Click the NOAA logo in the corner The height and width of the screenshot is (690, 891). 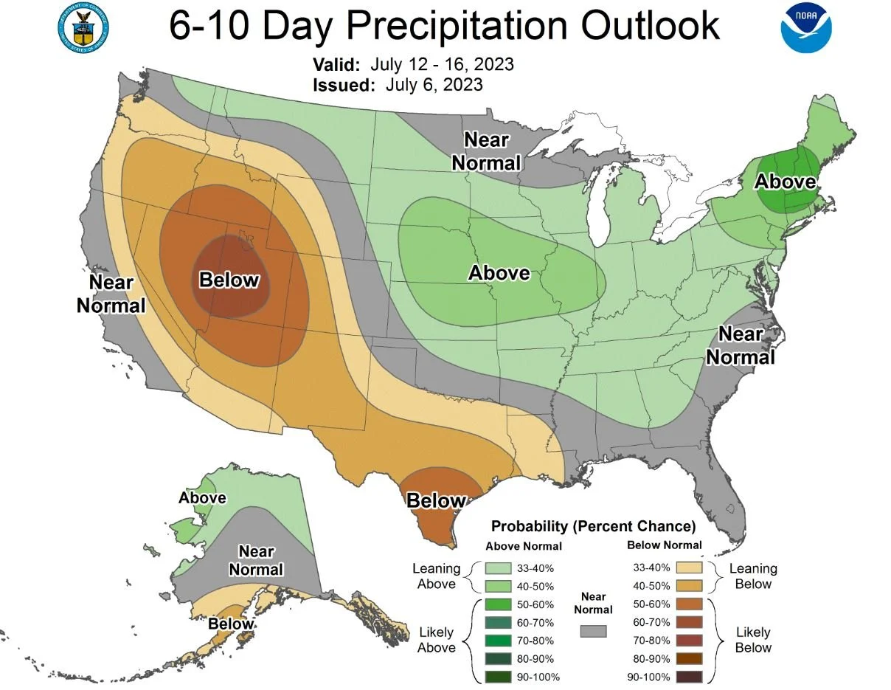805,27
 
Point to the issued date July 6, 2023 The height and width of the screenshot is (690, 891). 434,85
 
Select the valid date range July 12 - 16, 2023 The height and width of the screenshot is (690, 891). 443,64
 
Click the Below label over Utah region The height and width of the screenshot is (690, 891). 229,280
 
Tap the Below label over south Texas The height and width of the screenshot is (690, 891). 437,501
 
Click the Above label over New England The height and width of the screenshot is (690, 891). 786,182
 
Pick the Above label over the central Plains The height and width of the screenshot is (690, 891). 499,273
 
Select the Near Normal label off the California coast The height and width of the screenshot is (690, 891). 111,294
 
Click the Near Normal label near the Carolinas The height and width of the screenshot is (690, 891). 741,345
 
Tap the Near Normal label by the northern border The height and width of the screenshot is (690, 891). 486,151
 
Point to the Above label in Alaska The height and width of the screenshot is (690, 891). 202,498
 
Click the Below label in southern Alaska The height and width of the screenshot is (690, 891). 231,624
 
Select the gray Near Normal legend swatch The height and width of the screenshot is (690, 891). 593,632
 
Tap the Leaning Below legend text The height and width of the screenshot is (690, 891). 753,576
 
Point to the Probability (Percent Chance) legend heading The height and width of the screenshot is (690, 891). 593,527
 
